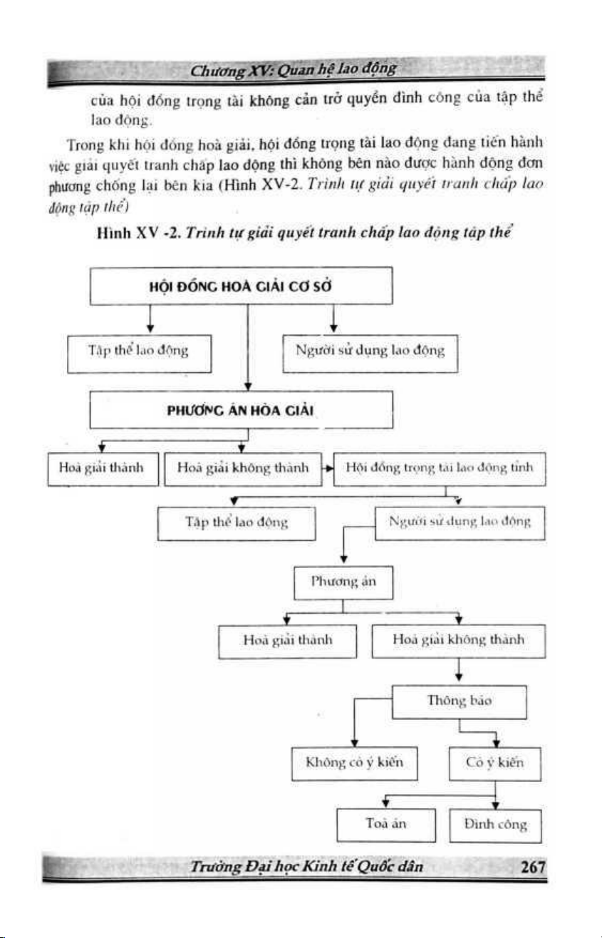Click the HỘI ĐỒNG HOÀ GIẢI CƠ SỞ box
pos(242,286)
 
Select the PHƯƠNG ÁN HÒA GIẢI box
pos(242,411)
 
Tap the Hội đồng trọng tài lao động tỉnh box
pos(439,468)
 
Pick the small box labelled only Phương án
pos(343,582)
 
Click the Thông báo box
pos(459,702)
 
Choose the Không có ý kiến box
pos(354,763)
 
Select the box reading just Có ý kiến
pos(495,763)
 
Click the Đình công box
pos(495,825)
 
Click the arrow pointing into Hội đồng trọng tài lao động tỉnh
pos(328,469)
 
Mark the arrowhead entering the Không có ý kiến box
pos(354,742)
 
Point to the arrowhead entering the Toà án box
pos(385,805)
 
